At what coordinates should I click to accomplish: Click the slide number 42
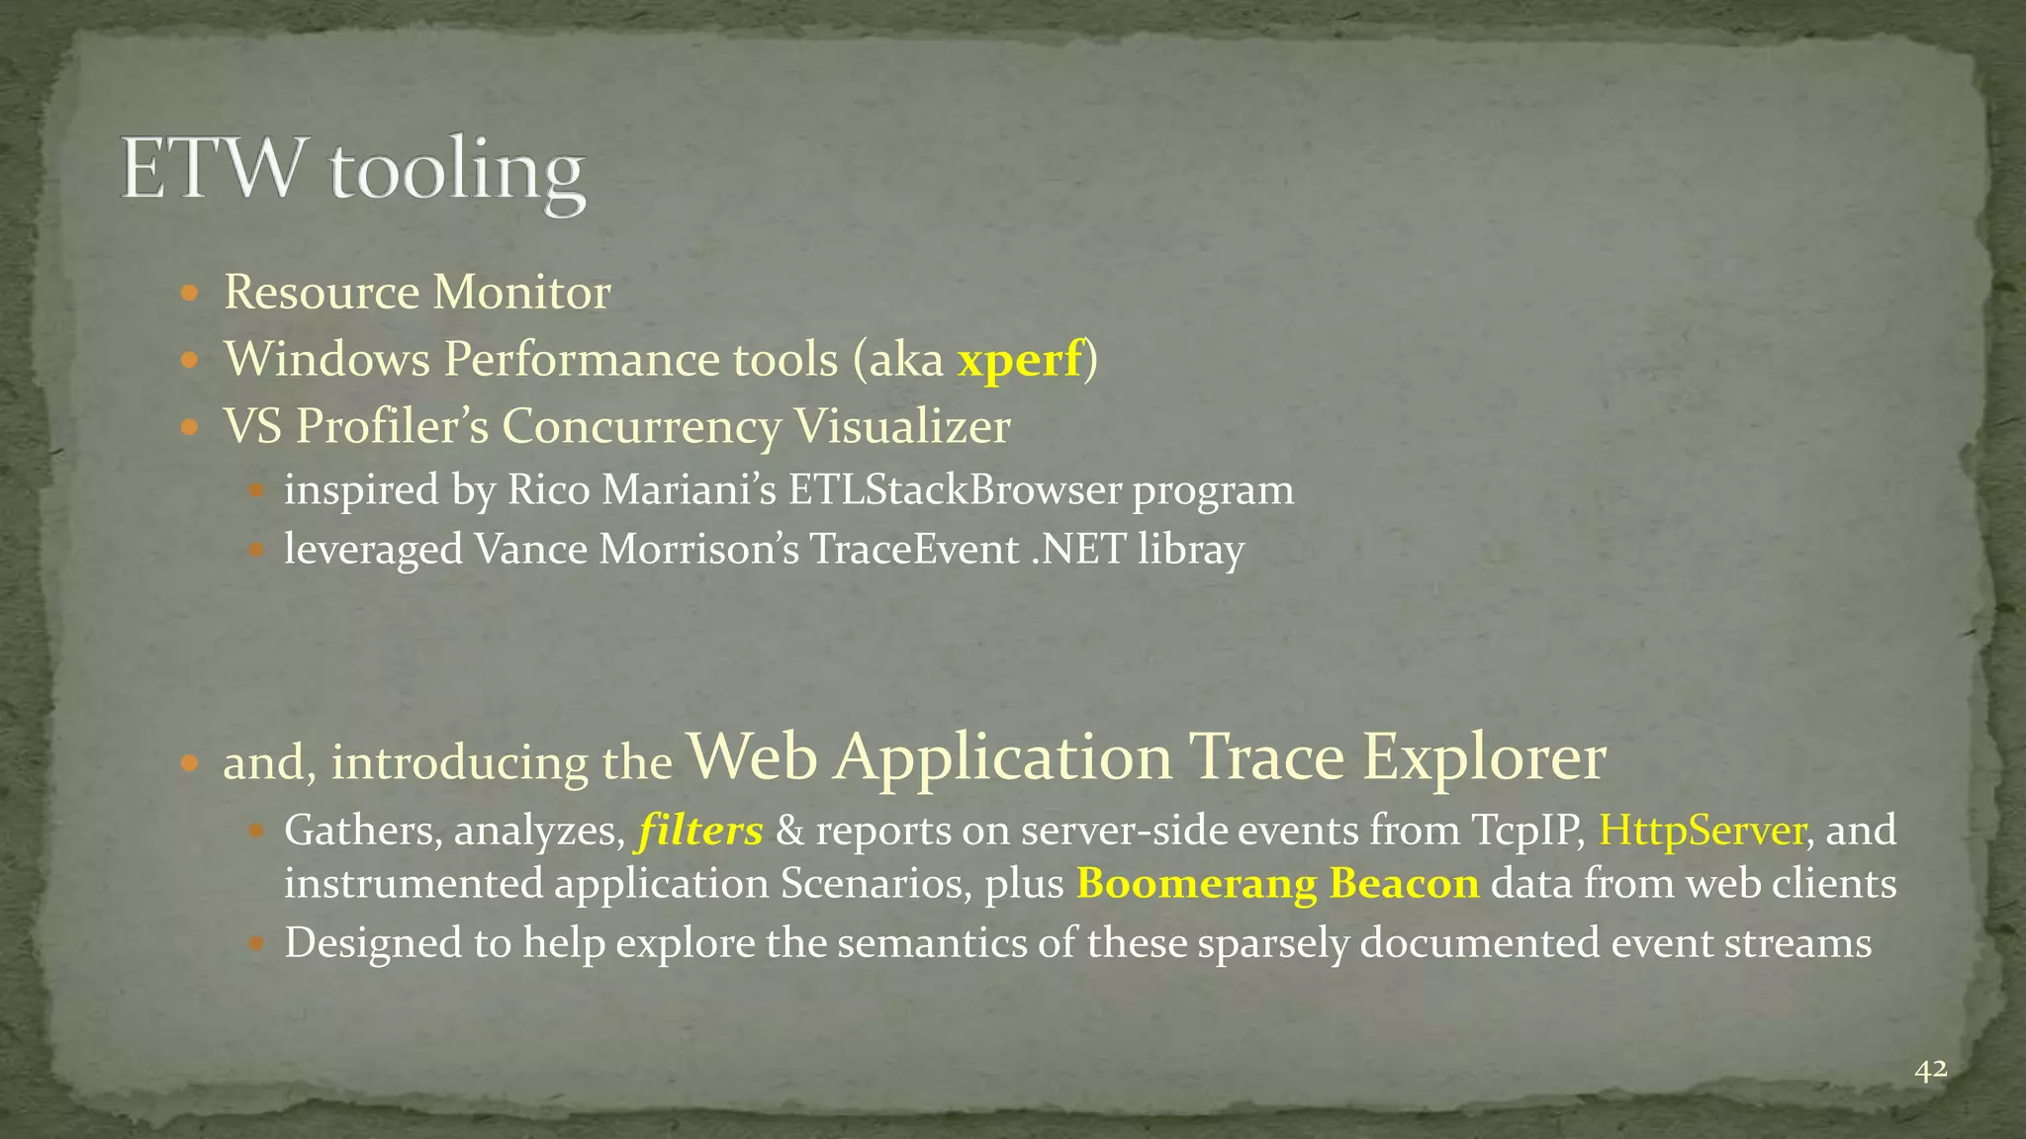(1931, 1070)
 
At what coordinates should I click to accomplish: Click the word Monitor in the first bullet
(522, 293)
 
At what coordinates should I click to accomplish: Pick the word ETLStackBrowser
(954, 490)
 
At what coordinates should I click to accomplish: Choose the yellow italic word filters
(701, 831)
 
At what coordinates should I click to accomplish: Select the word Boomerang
(1196, 883)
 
